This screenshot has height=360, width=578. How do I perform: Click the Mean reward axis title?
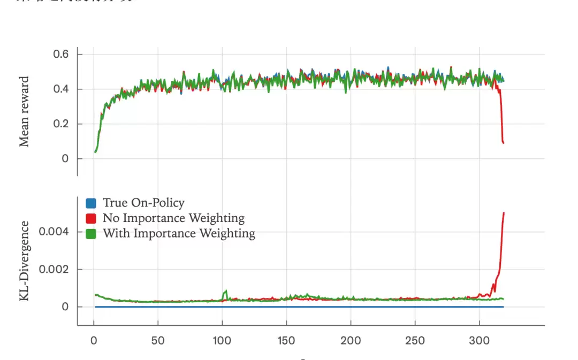[x=24, y=112]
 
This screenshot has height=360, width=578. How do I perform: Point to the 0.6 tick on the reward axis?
[x=60, y=55]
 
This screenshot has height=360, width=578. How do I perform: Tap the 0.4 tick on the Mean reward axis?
[x=60, y=89]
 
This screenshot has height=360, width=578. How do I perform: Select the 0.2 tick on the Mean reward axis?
[x=60, y=124]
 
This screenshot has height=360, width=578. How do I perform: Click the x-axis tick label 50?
[x=158, y=341]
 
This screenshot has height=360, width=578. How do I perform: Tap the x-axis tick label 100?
[x=222, y=341]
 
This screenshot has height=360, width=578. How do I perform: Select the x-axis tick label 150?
[x=286, y=341]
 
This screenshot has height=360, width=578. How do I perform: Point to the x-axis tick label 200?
[x=351, y=341]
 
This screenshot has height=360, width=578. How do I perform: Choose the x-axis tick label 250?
[x=415, y=341]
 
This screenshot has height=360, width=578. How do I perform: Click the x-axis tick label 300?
[x=479, y=341]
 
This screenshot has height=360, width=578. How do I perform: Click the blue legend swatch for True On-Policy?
[x=91, y=203]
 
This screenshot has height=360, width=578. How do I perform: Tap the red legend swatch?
[x=91, y=218]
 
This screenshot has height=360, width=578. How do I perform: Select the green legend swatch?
[x=91, y=234]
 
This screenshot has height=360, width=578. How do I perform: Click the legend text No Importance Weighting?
[x=173, y=218]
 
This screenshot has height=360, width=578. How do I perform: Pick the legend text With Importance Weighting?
[x=179, y=234]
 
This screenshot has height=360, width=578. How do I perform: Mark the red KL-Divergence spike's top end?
[x=504, y=213]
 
